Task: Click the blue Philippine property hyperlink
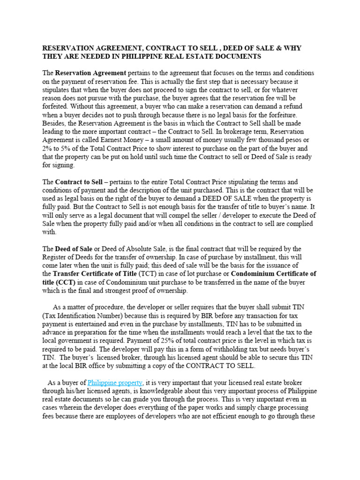115,383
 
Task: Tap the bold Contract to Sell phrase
79,181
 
